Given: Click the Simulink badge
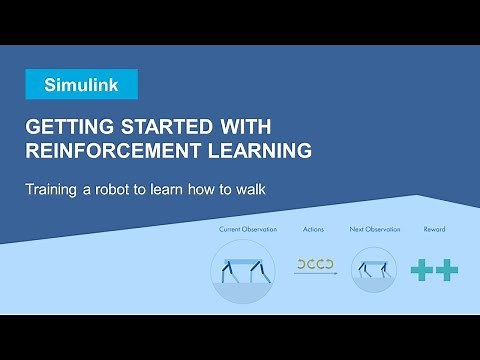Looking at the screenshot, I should coord(82,84).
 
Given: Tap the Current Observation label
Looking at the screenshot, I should coord(243,230).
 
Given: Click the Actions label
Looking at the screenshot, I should coord(313,230).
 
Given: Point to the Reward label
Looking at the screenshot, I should coord(433,230).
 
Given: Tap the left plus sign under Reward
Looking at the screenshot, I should coord(422,269).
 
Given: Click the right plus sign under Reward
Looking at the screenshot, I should coord(446,269).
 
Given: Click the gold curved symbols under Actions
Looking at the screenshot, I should coord(313,265).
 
